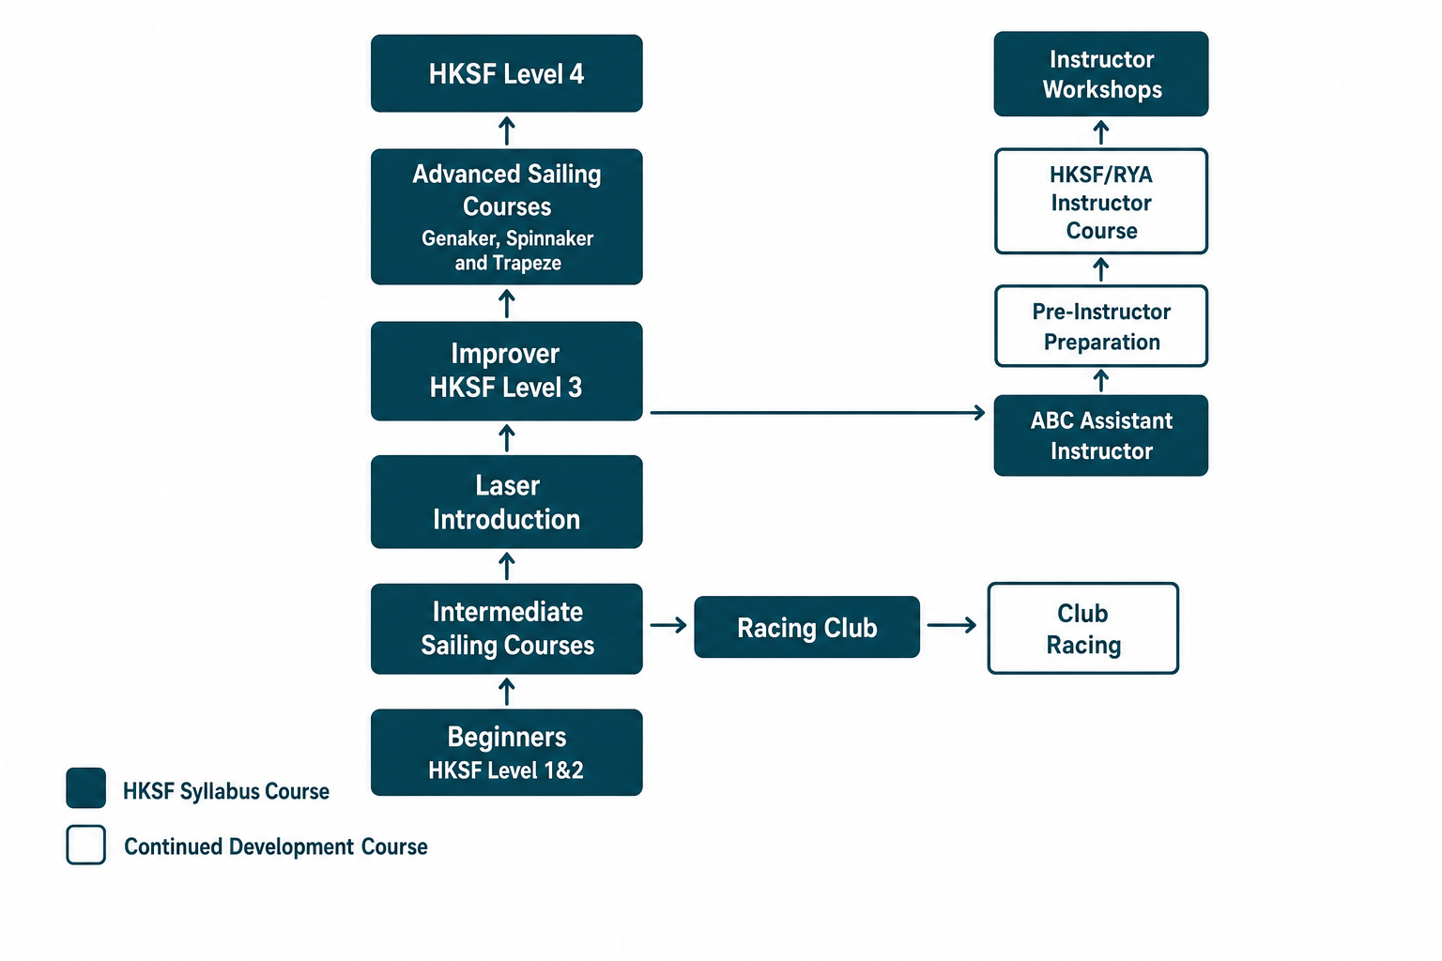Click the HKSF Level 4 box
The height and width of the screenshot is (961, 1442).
click(507, 73)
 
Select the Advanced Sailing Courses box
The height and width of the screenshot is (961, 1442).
click(507, 217)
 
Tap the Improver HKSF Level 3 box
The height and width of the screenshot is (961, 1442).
click(507, 371)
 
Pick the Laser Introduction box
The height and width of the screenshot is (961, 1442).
click(507, 502)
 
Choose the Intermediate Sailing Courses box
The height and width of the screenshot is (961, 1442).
click(507, 629)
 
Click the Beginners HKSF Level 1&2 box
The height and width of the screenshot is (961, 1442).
click(507, 753)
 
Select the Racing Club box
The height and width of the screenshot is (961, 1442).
click(806, 627)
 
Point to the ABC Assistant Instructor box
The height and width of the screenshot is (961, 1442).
click(1101, 435)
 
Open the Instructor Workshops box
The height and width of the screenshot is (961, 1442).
click(1101, 74)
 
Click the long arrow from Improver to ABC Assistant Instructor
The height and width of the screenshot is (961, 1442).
click(818, 413)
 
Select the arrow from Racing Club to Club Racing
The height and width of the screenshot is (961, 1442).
click(951, 625)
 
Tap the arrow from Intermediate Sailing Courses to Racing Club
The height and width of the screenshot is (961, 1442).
click(668, 625)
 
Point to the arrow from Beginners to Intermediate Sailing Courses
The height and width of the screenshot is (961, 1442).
click(507, 692)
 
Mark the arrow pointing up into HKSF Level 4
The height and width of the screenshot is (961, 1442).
click(507, 130)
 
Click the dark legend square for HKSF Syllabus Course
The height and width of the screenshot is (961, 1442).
click(85, 788)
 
